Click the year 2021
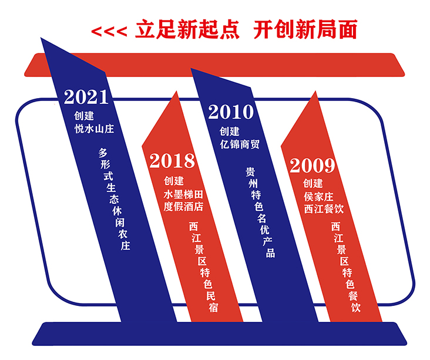point(86,97)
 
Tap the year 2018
point(172,161)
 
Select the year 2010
point(231,112)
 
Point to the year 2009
point(313,166)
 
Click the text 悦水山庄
point(94,129)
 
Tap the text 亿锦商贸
point(240,144)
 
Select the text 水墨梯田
point(183,194)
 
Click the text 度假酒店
point(183,207)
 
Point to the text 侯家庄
point(318,197)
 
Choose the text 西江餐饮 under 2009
point(324,209)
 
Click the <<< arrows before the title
point(109,32)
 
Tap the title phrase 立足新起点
point(187,29)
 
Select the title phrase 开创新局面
point(305,29)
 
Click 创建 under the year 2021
point(84,116)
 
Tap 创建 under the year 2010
point(229,132)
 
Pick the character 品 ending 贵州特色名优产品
point(270,253)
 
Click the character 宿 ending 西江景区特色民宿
point(213,307)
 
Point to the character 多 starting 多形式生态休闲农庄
point(103,153)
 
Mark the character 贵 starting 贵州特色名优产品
point(250,172)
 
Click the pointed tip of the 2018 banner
point(176,91)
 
